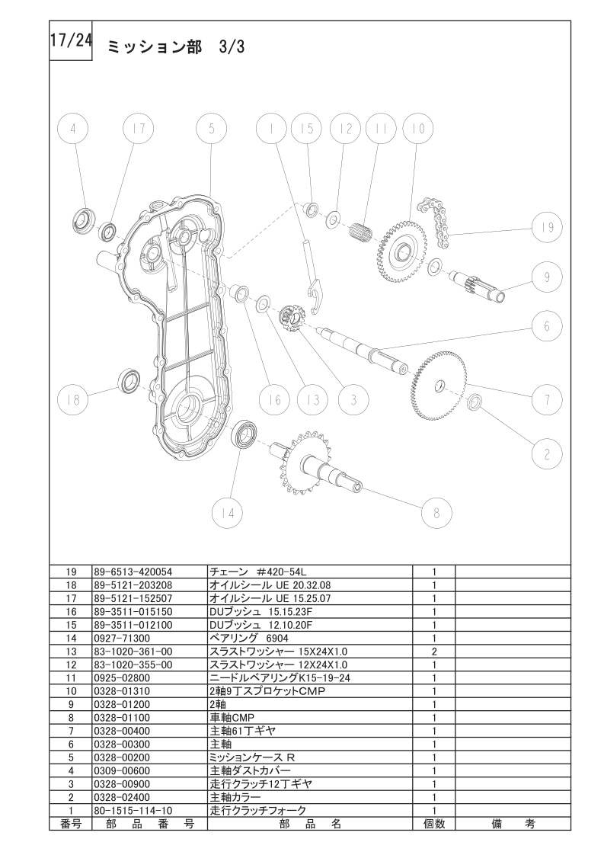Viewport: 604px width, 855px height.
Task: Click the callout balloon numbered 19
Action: click(547, 226)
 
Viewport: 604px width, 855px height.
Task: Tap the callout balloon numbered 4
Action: click(73, 130)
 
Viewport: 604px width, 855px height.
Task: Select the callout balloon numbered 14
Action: click(228, 513)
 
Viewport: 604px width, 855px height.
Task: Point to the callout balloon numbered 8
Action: click(436, 513)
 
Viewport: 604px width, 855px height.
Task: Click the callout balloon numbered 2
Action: click(547, 453)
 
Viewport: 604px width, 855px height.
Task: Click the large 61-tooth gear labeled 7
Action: click(439, 386)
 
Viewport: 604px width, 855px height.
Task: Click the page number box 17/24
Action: click(71, 41)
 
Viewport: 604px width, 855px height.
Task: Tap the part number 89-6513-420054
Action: click(133, 572)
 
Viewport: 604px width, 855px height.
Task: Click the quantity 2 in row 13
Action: click(434, 652)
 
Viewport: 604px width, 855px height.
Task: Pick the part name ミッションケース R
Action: click(252, 757)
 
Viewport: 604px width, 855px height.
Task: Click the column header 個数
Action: click(434, 824)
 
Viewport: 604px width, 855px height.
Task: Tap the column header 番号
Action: click(71, 824)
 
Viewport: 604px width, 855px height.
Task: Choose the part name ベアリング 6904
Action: click(249, 638)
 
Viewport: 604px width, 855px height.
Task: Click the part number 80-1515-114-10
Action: click(133, 810)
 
